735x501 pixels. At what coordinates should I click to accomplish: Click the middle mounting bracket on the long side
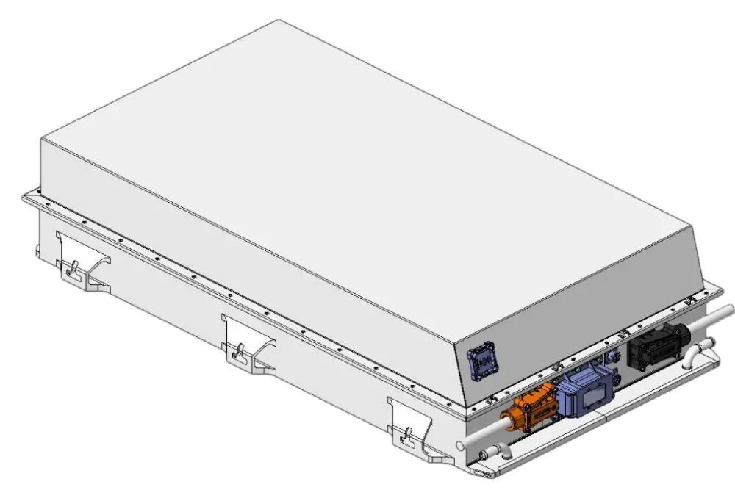coord(248,341)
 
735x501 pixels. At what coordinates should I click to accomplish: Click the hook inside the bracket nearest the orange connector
coord(404,440)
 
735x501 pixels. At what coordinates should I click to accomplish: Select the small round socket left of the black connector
coord(609,356)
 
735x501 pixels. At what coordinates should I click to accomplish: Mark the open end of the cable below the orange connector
coord(460,444)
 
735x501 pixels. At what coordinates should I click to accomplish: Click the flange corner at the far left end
coord(25,195)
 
